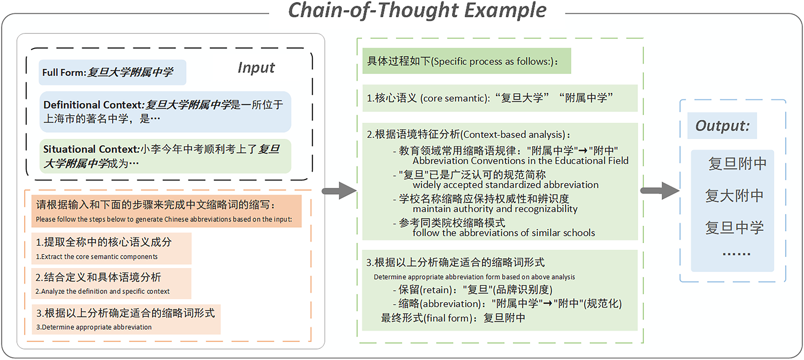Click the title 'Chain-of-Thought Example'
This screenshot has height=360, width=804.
(417, 11)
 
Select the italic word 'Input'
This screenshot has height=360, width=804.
(256, 68)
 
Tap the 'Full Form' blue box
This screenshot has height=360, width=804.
(112, 72)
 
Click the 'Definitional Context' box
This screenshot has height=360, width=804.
(165, 112)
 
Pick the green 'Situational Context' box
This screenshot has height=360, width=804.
(165, 156)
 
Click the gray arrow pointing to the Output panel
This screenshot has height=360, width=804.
(660, 191)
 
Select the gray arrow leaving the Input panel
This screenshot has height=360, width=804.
(339, 191)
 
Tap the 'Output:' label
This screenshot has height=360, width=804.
(722, 126)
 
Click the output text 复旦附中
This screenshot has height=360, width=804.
(737, 164)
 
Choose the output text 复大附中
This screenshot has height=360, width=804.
(734, 196)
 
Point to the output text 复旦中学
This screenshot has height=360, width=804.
(734, 228)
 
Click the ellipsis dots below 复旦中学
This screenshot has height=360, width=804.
(736, 254)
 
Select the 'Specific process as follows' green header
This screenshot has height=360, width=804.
(466, 61)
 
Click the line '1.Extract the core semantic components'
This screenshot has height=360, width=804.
(97, 257)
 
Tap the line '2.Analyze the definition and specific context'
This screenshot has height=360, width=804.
(103, 291)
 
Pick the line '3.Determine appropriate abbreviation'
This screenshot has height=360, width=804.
(94, 327)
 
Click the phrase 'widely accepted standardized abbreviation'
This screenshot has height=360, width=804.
(506, 185)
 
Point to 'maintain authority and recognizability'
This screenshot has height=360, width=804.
(495, 209)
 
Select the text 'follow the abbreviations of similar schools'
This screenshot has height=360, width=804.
(504, 233)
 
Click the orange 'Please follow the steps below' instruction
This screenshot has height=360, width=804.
(167, 211)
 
